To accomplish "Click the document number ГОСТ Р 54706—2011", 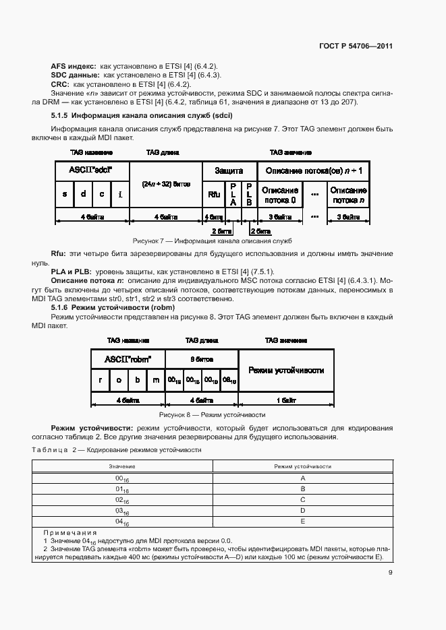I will point(356,46).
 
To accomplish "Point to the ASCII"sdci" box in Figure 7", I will point(91,171).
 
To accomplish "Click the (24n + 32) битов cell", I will point(166,183).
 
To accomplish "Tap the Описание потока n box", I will point(348,195).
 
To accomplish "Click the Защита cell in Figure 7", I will point(229,171).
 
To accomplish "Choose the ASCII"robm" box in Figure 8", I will point(128,358).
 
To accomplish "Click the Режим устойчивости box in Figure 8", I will point(286,370).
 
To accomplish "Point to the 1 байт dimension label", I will point(286,399).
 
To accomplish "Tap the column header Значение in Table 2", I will point(122,466).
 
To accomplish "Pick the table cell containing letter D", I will point(303,510).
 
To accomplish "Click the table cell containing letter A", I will point(303,477).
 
